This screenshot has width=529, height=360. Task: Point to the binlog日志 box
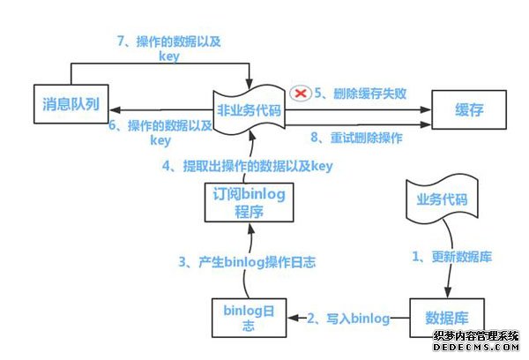point(249,317)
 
